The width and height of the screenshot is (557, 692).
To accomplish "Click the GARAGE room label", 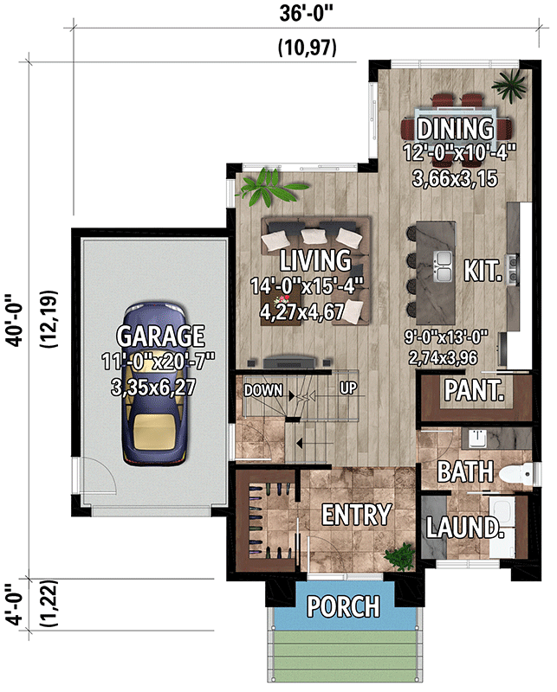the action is [x=160, y=336].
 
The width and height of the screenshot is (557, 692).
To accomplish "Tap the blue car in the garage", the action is [x=154, y=383].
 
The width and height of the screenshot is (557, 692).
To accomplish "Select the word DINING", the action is [x=456, y=128].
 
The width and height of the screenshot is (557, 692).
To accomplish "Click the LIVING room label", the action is [x=315, y=260].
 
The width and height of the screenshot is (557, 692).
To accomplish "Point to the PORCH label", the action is [x=344, y=606].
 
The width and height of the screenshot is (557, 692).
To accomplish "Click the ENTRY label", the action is [x=356, y=515].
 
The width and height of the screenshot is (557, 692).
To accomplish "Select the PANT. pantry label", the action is [x=474, y=390].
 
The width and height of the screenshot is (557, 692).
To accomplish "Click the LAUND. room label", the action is [x=464, y=527].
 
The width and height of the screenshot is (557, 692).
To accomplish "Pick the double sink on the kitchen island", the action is [x=444, y=266].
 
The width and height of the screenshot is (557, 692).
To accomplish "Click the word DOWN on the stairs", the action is [x=263, y=390].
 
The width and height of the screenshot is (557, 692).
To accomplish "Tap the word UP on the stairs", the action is [x=348, y=388].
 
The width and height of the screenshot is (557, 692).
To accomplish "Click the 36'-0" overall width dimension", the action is [x=306, y=13].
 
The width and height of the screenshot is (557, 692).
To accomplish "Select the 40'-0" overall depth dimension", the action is [x=15, y=320].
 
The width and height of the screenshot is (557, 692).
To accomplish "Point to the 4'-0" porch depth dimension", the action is [x=15, y=605].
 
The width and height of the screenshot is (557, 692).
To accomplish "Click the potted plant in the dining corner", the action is [x=509, y=84].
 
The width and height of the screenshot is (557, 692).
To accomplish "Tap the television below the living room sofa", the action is [x=289, y=362].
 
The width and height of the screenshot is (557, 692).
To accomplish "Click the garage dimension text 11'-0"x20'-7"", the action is [x=159, y=362].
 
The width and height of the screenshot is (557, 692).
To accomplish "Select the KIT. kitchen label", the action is [x=483, y=270].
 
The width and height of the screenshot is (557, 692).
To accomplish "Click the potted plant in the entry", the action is [x=400, y=556].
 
